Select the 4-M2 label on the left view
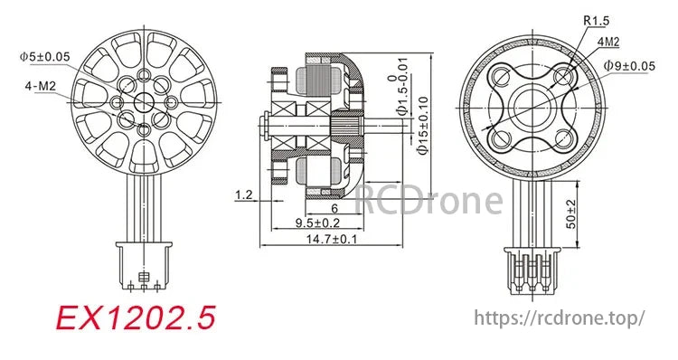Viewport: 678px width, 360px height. pyautogui.click(x=40, y=87)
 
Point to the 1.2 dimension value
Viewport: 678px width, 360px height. pyautogui.click(x=243, y=194)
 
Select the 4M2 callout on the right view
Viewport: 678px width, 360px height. pyautogui.click(x=609, y=42)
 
